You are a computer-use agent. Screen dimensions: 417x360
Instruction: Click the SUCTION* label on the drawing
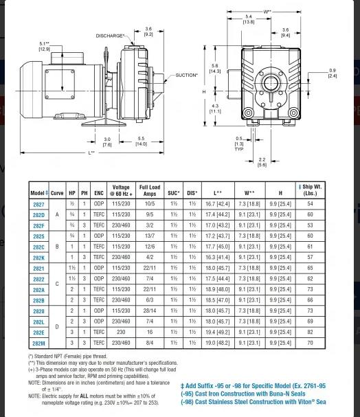point(187,76)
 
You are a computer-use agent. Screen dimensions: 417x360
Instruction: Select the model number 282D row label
point(39,215)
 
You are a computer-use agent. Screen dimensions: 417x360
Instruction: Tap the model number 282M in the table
point(39,342)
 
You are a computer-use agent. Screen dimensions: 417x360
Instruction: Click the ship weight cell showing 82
point(310,332)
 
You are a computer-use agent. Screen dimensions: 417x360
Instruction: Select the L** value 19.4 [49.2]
point(218,332)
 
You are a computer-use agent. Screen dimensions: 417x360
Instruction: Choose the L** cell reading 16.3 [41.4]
point(218,258)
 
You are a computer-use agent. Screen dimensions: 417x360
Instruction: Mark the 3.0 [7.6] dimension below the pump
point(107,141)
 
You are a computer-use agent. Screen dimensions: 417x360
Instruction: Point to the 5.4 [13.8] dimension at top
point(249,19)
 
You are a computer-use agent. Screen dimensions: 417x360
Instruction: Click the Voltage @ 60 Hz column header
point(121,190)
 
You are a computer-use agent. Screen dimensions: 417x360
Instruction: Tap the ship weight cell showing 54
point(310,205)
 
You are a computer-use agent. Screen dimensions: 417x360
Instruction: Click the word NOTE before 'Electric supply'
point(34,396)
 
